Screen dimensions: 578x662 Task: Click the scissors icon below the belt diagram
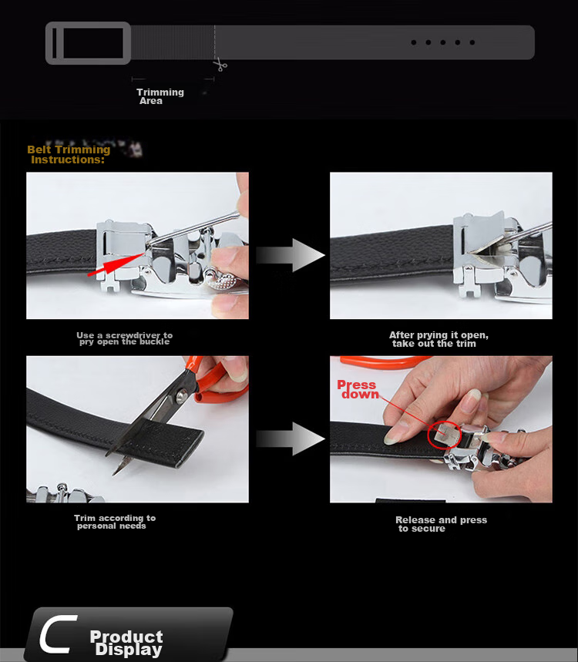pyautogui.click(x=220, y=66)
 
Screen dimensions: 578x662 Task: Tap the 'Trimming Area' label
pyautogui.click(x=160, y=96)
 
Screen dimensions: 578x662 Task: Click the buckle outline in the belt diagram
pyautogui.click(x=88, y=43)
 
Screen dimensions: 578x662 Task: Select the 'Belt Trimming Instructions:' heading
pyautogui.click(x=69, y=155)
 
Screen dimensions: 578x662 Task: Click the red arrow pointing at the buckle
pyautogui.click(x=116, y=265)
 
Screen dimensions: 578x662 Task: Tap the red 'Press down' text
pyautogui.click(x=358, y=389)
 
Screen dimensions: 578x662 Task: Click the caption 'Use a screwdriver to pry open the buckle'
pyautogui.click(x=125, y=338)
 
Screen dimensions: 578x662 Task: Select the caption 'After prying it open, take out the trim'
pyautogui.click(x=439, y=339)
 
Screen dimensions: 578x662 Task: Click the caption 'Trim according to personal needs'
pyautogui.click(x=114, y=522)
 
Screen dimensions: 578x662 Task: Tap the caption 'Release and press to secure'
pyautogui.click(x=441, y=524)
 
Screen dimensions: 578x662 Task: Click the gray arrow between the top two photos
pyautogui.click(x=291, y=255)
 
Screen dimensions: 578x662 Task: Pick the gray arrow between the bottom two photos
pyautogui.click(x=291, y=439)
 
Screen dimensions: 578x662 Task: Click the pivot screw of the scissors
pyautogui.click(x=182, y=395)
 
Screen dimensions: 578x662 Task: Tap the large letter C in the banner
pyautogui.click(x=58, y=633)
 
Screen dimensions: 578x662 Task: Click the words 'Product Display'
pyautogui.click(x=126, y=643)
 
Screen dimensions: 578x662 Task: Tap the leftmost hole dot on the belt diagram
pyautogui.click(x=414, y=42)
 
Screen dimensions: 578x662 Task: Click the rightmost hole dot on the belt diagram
pyautogui.click(x=472, y=42)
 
